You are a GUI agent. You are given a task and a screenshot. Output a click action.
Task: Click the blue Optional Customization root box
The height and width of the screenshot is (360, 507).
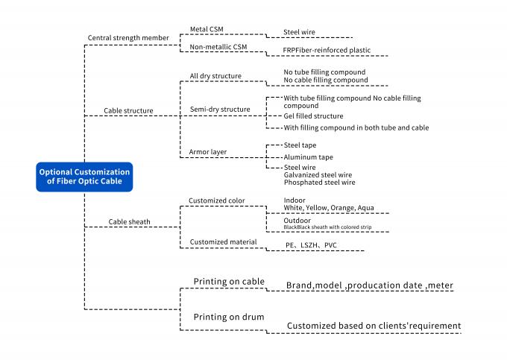[x=84, y=177]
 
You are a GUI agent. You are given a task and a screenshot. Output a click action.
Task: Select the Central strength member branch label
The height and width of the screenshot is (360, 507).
[x=129, y=38]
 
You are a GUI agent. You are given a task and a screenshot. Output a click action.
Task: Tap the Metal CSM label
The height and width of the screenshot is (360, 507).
[x=207, y=30]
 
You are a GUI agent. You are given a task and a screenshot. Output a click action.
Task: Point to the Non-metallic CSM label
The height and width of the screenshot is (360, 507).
[x=218, y=46]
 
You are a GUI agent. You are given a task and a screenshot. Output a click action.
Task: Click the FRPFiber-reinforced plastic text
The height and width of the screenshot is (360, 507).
[x=327, y=51]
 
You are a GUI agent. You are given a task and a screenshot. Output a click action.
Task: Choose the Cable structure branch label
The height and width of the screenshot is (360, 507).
[x=128, y=111]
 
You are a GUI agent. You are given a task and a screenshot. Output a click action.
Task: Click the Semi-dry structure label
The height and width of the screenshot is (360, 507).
[x=221, y=110]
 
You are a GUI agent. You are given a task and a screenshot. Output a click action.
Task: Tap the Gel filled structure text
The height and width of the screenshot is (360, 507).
[x=313, y=116]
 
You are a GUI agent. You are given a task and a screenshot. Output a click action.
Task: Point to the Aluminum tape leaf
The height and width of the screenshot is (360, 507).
[x=309, y=157]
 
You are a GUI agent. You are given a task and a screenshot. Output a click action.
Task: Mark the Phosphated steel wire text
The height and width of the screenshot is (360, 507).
[x=319, y=183]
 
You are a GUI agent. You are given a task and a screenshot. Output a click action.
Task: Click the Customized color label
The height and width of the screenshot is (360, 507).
[x=216, y=200]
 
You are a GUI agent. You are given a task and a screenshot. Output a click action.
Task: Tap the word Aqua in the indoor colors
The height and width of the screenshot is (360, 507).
[x=365, y=207]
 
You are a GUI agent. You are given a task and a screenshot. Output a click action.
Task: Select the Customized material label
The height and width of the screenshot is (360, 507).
[x=222, y=241]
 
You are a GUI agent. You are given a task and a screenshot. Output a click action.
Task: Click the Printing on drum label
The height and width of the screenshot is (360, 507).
[x=229, y=317]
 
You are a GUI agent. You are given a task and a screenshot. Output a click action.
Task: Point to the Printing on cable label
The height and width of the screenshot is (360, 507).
[x=230, y=281]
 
